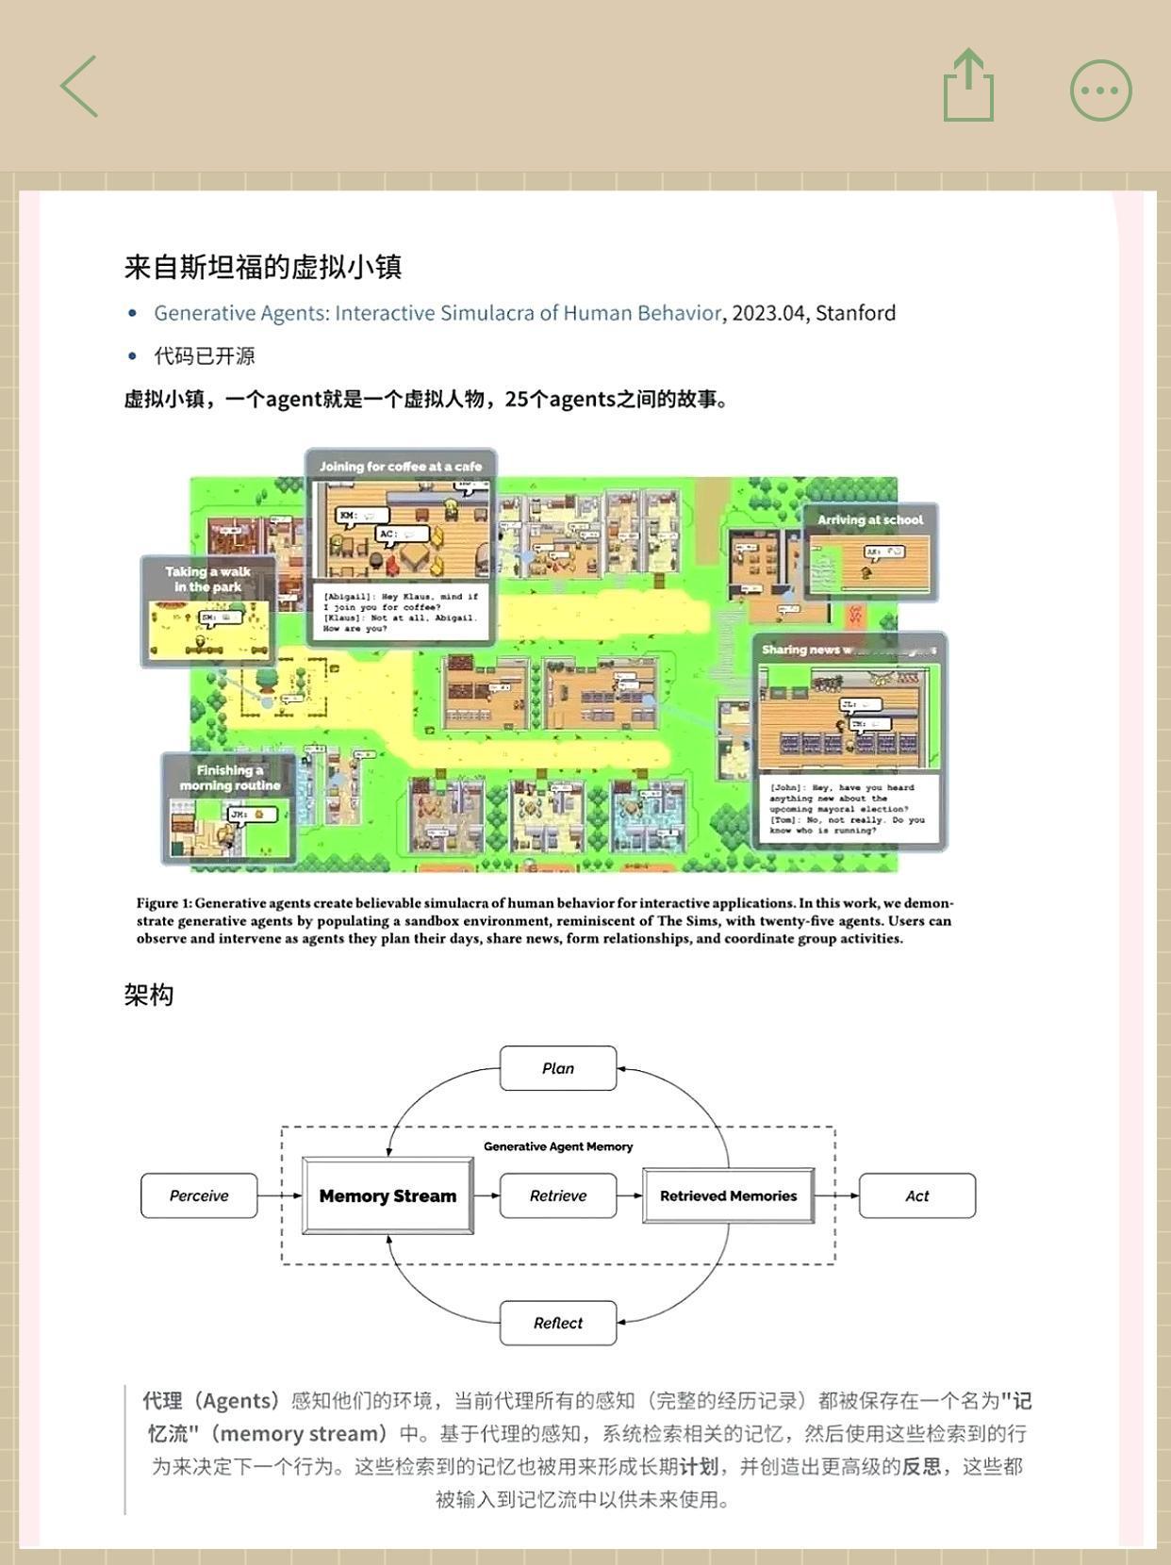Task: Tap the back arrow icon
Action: click(x=79, y=87)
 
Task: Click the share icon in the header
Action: click(x=968, y=87)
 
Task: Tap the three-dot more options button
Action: click(x=1100, y=91)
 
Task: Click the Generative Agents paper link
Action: click(x=437, y=313)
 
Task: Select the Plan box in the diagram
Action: click(x=558, y=1068)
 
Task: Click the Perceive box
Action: click(x=199, y=1195)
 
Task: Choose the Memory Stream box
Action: click(x=388, y=1195)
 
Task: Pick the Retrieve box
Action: click(x=558, y=1195)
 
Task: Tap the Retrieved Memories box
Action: click(x=728, y=1195)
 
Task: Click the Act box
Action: click(x=916, y=1195)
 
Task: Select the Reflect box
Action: click(x=558, y=1323)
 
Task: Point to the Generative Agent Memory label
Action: click(x=558, y=1146)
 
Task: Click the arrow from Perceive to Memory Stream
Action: click(x=279, y=1195)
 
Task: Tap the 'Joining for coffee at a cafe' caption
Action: click(x=401, y=466)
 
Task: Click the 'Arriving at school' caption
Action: click(x=870, y=519)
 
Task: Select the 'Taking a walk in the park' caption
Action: click(x=208, y=579)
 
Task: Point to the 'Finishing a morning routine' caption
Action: click(x=230, y=778)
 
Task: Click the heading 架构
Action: click(x=149, y=996)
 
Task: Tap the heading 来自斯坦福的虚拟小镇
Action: click(x=263, y=267)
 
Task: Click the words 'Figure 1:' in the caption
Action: click(x=164, y=903)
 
